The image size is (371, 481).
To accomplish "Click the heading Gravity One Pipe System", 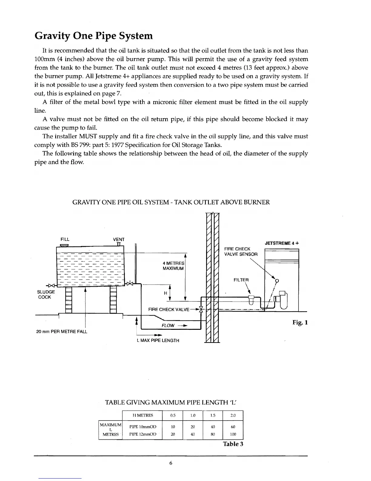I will [94, 36].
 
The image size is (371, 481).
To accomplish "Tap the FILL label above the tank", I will [65, 239].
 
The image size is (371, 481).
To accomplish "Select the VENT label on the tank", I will [119, 240].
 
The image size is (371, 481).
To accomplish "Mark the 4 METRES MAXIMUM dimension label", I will [173, 266].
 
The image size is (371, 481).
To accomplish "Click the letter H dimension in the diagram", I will [165, 293].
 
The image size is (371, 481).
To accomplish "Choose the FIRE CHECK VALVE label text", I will [169, 310].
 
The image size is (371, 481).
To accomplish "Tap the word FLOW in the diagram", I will [169, 326].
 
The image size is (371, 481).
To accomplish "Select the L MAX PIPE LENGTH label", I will [158, 340].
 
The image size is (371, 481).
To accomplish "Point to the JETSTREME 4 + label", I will [282, 243].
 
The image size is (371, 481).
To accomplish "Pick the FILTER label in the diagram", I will [241, 280].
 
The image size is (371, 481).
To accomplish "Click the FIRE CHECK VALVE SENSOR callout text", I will [241, 251].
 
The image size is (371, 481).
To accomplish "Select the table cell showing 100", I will [233, 434].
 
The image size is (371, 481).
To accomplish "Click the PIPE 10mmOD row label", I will [143, 427].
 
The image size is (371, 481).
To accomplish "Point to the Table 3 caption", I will [233, 444].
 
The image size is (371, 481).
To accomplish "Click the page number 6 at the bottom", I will [171, 463].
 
